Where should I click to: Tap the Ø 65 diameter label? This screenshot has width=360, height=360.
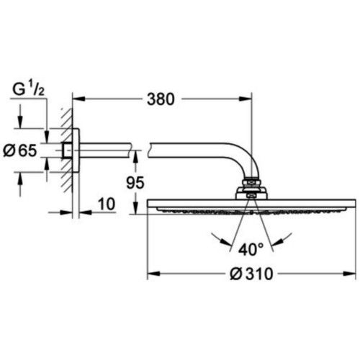point(24,150)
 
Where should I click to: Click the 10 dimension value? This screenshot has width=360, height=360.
point(106,205)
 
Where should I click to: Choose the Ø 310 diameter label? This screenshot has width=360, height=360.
point(248,275)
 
